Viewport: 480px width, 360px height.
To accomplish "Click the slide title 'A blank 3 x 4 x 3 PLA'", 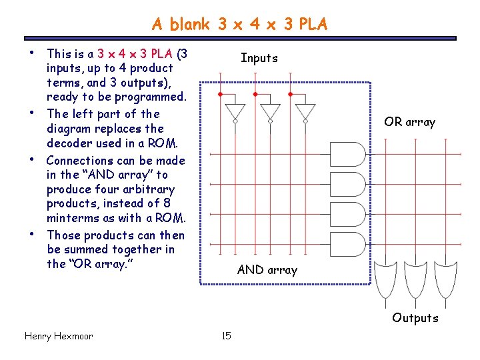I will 239,25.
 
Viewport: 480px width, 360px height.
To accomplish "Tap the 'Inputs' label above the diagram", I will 259,58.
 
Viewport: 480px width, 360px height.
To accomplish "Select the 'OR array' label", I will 409,122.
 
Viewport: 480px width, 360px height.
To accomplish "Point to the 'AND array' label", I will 267,270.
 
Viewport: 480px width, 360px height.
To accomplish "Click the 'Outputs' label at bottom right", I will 415,318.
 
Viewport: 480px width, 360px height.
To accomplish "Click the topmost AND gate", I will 348,154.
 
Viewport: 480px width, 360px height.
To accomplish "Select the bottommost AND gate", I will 348,243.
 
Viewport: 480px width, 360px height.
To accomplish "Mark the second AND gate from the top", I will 348,184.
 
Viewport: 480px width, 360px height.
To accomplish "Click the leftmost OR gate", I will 385,279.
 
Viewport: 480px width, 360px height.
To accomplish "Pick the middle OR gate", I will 414,279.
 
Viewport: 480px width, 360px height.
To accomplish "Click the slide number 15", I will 226,336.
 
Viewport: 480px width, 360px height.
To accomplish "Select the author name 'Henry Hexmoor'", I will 58,336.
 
